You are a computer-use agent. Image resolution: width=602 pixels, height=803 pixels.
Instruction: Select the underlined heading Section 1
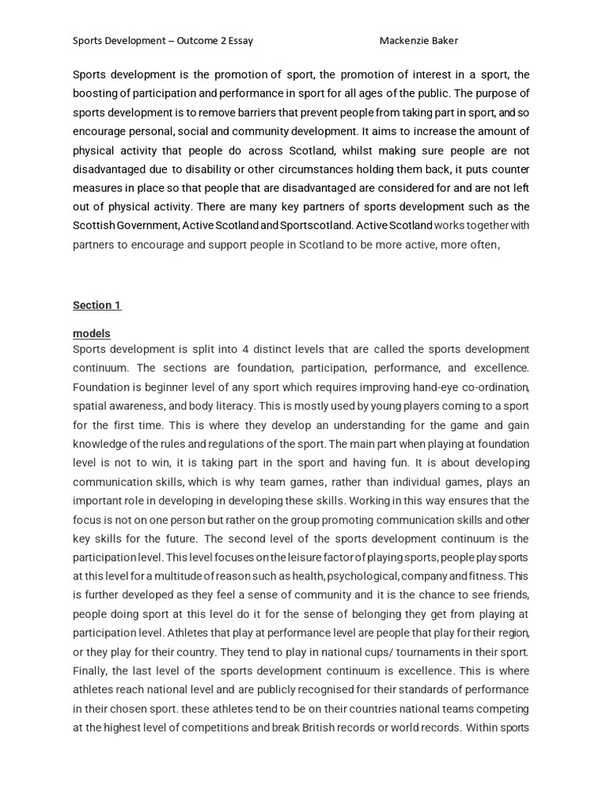point(97,305)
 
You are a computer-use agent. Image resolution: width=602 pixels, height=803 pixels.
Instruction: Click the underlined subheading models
point(92,333)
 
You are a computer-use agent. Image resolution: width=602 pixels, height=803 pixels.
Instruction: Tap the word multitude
point(184,576)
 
